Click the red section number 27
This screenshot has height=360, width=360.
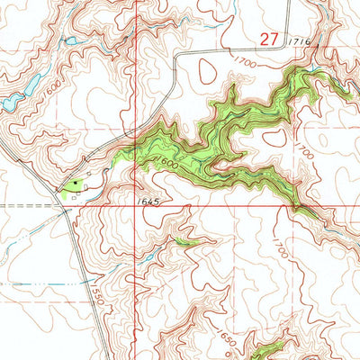[267, 39]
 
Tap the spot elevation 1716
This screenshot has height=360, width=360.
[300, 42]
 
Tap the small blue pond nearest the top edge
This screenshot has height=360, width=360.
[69, 41]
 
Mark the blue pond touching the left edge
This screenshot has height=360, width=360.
[7, 103]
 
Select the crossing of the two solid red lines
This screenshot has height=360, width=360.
[137, 205]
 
